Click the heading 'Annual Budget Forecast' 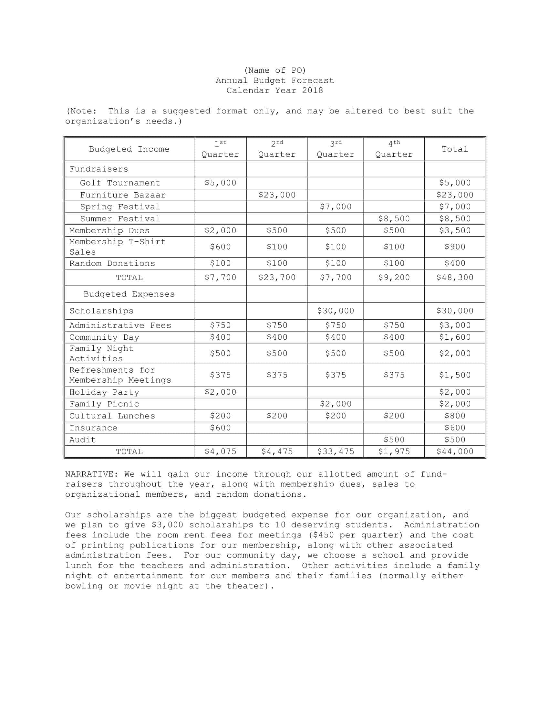point(274,80)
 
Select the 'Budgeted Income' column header point(129,149)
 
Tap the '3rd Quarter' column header point(335,149)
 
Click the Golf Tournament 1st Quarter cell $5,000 point(220,183)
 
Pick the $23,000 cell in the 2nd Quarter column point(277,195)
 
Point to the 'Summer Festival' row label point(120,219)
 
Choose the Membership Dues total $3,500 point(455,230)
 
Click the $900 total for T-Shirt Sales point(455,247)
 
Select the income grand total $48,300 point(455,278)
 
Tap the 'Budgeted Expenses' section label point(129,294)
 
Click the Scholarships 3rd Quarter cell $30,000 point(335,311)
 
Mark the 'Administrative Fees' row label point(120,325)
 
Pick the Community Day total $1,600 point(455,337)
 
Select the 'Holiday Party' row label point(104,392)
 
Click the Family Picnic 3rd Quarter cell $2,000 point(335,404)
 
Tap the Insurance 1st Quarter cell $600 point(220,428)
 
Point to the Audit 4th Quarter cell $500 point(394,440)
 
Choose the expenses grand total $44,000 point(455,451)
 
